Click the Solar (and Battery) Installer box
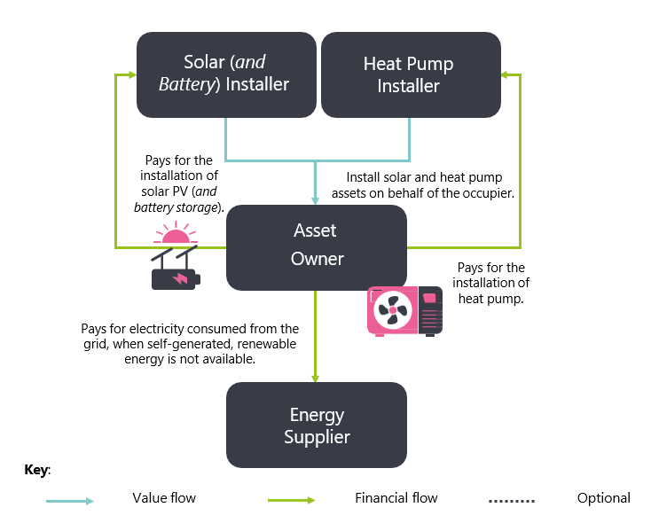(225, 74)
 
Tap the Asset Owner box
(317, 247)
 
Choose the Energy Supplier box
(317, 425)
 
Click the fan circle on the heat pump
(393, 310)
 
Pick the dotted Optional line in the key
(511, 501)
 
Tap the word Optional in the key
(603, 498)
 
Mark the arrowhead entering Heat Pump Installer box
(505, 74)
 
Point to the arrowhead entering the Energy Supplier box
(317, 377)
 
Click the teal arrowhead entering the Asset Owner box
(317, 199)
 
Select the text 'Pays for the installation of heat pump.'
(490, 283)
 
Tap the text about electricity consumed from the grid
(189, 343)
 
